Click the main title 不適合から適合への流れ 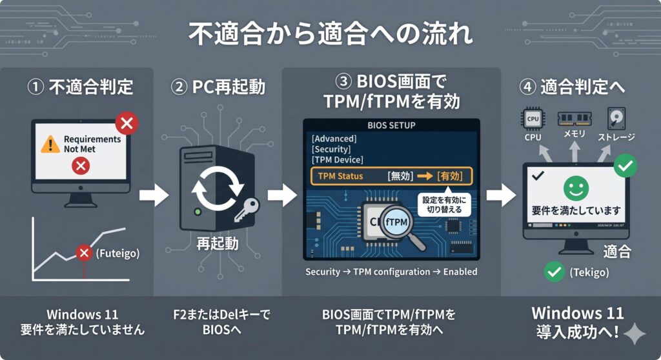pos(330,34)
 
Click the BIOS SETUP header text pos(391,125)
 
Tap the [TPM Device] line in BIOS pos(337,159)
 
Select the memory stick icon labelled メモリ pos(573,119)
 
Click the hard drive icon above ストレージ pos(615,118)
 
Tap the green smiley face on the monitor pos(575,188)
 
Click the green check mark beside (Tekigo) pos(554,272)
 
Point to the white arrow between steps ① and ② pos(154,194)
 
